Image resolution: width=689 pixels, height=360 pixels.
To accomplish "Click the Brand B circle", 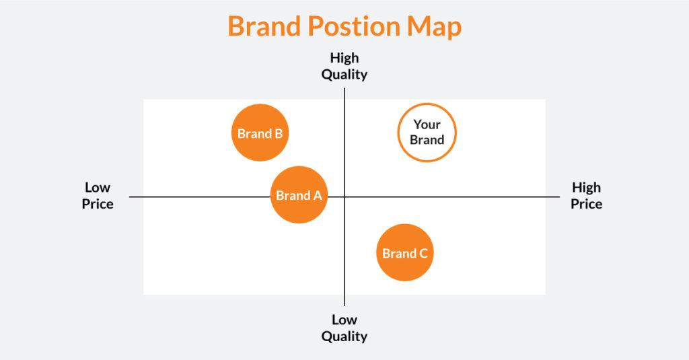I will coord(260,133).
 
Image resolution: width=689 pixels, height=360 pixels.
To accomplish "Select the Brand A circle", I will coord(299,195).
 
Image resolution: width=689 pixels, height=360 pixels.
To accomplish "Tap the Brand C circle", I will coord(404,253).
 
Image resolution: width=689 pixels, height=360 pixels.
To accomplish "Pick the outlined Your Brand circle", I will coord(427,133).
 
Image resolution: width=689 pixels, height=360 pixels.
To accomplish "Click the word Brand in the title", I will coord(264,27).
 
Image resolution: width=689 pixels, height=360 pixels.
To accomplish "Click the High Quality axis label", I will coord(344,66).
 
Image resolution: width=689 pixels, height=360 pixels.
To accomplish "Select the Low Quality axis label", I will coord(344,328).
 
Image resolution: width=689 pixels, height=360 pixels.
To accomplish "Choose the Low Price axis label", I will coord(98,196).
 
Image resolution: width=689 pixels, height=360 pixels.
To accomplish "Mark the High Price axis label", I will coord(586,196).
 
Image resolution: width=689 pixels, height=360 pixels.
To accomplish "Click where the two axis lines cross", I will coord(344,196).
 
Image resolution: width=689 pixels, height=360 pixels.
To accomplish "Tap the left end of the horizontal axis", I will coord(131,196).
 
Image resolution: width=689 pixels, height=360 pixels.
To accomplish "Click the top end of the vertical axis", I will coord(344,89).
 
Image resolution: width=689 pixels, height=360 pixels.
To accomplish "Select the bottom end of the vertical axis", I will coord(344,304).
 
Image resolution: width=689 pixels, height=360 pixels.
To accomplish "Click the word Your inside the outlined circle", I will coord(427,124).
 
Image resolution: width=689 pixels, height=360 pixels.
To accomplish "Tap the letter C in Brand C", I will coord(423,254).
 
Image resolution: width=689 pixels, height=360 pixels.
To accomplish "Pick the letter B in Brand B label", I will coord(278,133).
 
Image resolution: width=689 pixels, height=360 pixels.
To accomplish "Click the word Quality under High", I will coord(344,75).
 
